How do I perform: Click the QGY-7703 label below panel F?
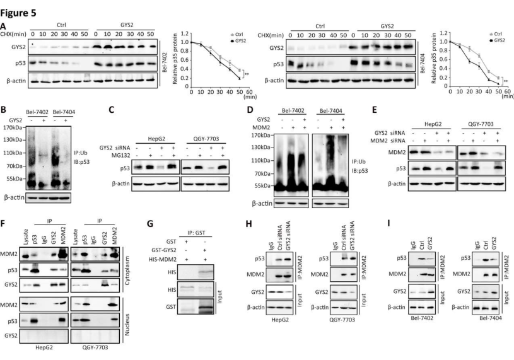(x=95, y=351)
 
